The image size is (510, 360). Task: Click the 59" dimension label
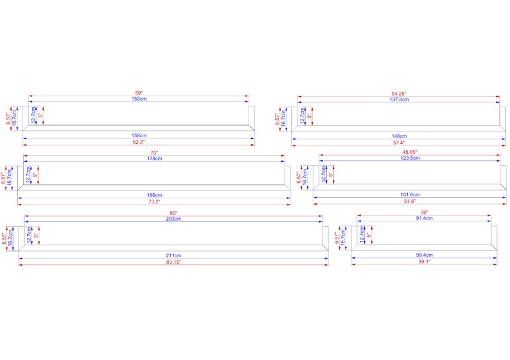[139, 93]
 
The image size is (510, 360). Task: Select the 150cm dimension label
[139, 99]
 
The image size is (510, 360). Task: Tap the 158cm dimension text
[139, 135]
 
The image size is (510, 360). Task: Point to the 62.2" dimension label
[139, 142]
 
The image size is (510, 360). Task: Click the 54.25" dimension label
[399, 94]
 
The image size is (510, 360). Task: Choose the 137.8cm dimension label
[399, 99]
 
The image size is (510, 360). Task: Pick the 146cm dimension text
[399, 136]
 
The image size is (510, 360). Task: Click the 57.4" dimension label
[399, 142]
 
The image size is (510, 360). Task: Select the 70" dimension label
[154, 153]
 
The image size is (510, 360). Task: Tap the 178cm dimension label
[155, 159]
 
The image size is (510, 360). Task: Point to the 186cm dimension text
[155, 195]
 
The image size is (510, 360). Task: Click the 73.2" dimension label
[154, 201]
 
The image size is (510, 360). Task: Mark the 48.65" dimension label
[410, 152]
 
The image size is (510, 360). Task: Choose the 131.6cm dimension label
[410, 194]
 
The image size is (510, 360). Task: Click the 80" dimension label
[173, 213]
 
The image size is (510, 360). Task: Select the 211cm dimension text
[173, 255]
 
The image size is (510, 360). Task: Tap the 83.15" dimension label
[173, 262]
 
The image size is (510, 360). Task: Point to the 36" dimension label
[424, 212]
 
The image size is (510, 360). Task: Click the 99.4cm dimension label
[424, 255]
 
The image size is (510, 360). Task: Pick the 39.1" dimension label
[424, 262]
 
